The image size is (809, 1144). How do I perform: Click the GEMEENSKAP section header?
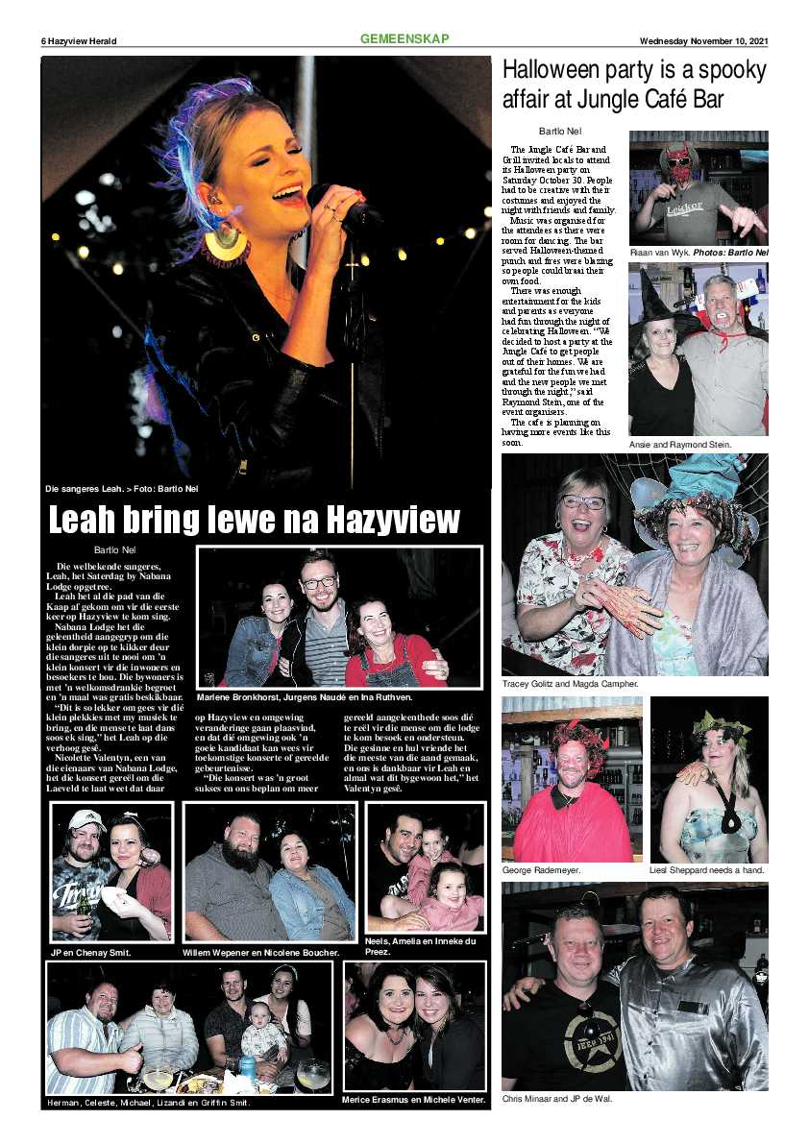coord(404,39)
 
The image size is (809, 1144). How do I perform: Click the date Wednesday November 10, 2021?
coord(704,41)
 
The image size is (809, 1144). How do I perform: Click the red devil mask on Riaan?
coord(679,165)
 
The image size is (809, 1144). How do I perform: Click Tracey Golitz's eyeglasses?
coord(584,501)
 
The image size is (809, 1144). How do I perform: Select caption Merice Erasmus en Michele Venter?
coord(414,1099)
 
